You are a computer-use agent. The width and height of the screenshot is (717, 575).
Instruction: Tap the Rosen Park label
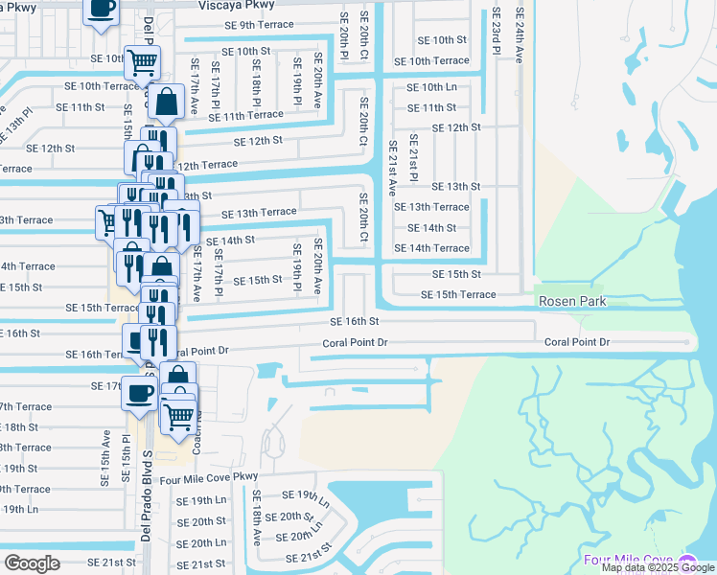coord(572,302)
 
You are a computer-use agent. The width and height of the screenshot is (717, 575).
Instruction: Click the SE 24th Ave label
coord(519,36)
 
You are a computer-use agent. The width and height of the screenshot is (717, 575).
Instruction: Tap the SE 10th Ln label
coord(431,87)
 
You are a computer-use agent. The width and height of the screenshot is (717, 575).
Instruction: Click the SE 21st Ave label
coord(392,169)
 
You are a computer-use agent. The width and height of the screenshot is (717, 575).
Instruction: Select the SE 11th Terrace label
coord(252,115)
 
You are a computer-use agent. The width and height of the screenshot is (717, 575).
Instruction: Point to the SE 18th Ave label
coord(256,517)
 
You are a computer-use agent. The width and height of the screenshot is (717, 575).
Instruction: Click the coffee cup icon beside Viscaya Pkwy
coord(102,10)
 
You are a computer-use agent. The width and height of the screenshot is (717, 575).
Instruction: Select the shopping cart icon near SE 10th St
coord(143,62)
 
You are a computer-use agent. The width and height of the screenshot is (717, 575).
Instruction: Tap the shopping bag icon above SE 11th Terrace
coord(166,102)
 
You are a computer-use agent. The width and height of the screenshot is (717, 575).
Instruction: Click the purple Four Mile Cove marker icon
coord(686,560)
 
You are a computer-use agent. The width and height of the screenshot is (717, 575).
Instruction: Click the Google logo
coord(32,563)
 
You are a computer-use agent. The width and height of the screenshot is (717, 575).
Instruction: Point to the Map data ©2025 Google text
coord(658,568)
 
